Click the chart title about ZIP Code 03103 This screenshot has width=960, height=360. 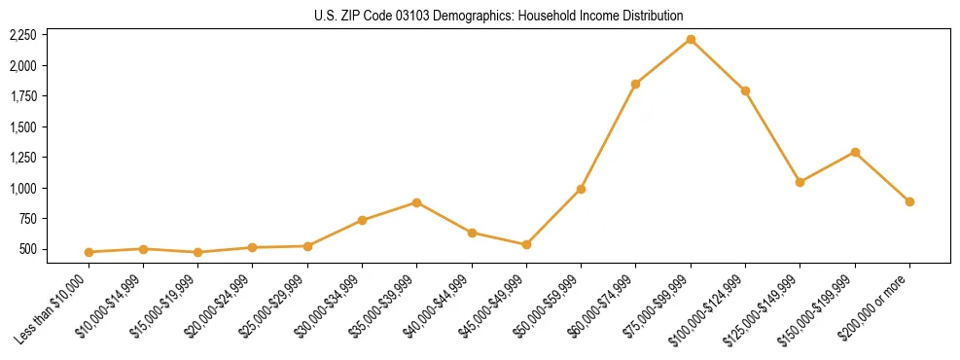[x=499, y=16]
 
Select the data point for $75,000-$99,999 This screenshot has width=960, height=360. [x=691, y=39]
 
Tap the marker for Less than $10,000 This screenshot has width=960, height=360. [x=89, y=252]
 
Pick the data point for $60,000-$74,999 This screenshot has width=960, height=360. [x=635, y=84]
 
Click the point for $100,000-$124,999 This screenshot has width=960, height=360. [x=745, y=90]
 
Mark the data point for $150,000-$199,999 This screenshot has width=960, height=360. [x=855, y=152]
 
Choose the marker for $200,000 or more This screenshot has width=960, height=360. [x=909, y=201]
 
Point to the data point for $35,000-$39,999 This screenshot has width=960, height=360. [x=416, y=202]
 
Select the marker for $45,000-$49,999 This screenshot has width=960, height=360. [x=526, y=244]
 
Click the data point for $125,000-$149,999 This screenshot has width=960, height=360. [x=800, y=182]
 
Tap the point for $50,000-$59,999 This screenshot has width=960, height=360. [x=581, y=189]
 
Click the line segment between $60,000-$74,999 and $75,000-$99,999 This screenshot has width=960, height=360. [x=662, y=61]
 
